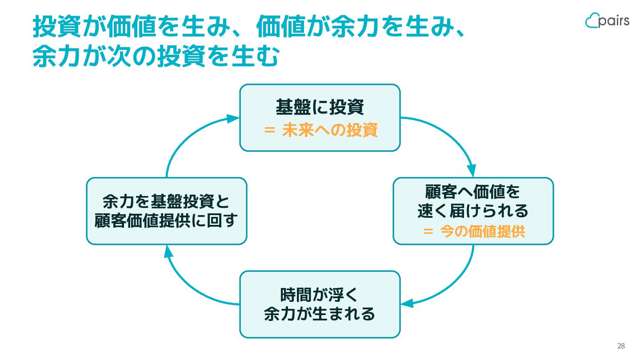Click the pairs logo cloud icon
592,20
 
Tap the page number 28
621,346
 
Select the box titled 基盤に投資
320,118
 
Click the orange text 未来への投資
330,130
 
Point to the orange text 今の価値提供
483,231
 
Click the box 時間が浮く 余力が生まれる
320,304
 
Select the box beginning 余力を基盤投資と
167,211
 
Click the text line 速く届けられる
473,211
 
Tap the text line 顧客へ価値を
472,192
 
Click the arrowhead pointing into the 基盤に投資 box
233,118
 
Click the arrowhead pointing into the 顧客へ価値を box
472,171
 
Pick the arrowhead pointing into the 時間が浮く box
407,303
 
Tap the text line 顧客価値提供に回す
166,220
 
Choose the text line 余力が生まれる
320,314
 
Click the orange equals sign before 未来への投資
269,130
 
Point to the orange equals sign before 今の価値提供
428,231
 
